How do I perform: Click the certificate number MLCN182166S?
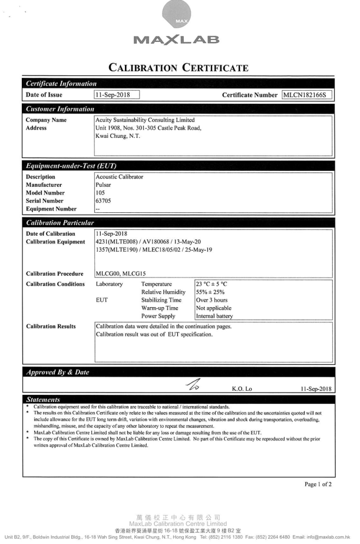pos(308,94)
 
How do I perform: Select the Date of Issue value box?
pos(117,94)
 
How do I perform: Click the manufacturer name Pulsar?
pos(104,184)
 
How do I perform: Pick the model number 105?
pos(100,192)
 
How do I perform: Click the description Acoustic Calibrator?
pos(120,177)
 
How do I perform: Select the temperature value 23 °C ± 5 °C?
pos(211,283)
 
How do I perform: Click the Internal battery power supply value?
pos(214,316)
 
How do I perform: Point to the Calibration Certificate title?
pos(180,68)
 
